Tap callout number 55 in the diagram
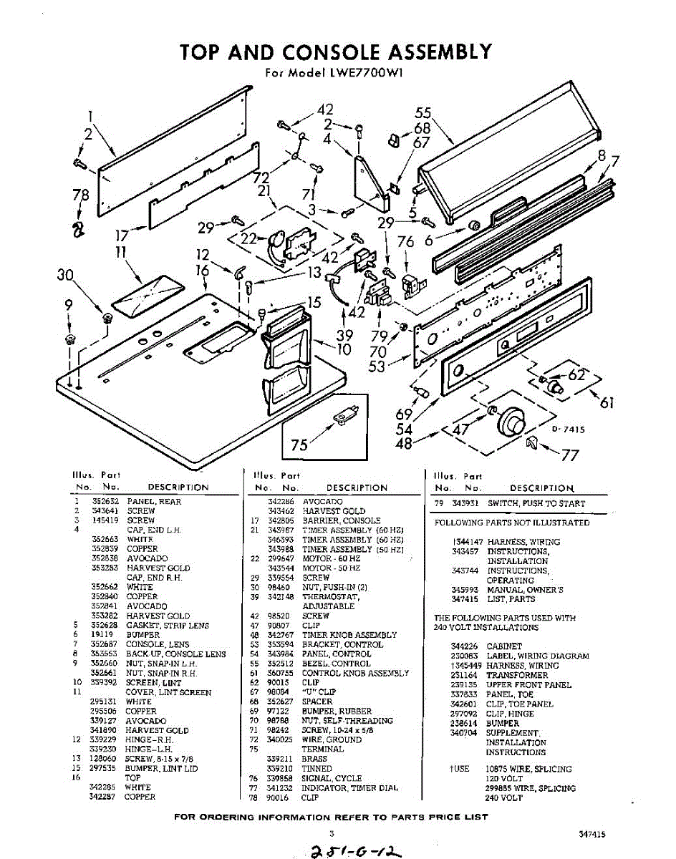point(422,113)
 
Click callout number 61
point(607,403)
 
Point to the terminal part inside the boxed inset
point(347,414)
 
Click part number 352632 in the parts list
point(106,502)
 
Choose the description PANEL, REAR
point(154,502)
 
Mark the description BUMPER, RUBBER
point(337,712)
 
